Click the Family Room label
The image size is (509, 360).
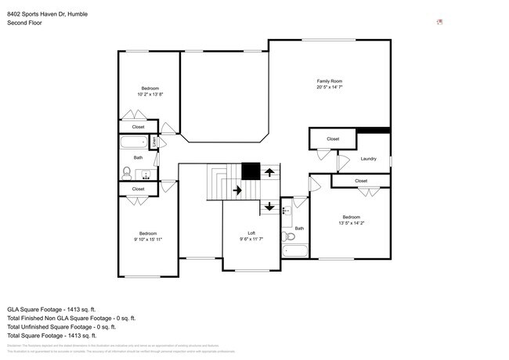coord(329,81)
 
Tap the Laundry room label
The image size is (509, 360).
coord(369,159)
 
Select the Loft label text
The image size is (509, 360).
coord(251,233)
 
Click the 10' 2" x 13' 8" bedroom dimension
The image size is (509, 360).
coord(150,94)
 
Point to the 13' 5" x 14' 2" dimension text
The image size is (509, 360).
coord(351,222)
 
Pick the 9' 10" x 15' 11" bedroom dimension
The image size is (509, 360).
coord(149,239)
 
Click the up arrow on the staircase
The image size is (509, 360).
coord(269,171)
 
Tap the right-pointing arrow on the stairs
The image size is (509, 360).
coord(236,189)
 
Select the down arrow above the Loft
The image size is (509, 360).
coord(269,207)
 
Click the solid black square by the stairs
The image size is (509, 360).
coord(250,171)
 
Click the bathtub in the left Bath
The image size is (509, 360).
coord(133,143)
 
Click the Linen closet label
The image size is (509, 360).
coord(154,143)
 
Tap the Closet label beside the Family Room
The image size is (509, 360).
coord(333,139)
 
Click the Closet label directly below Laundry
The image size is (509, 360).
coord(360,181)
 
